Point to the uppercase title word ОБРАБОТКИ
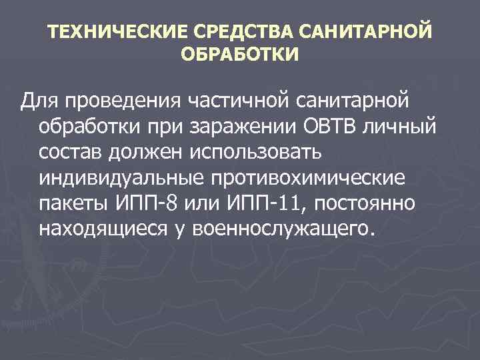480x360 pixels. pos(240,54)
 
